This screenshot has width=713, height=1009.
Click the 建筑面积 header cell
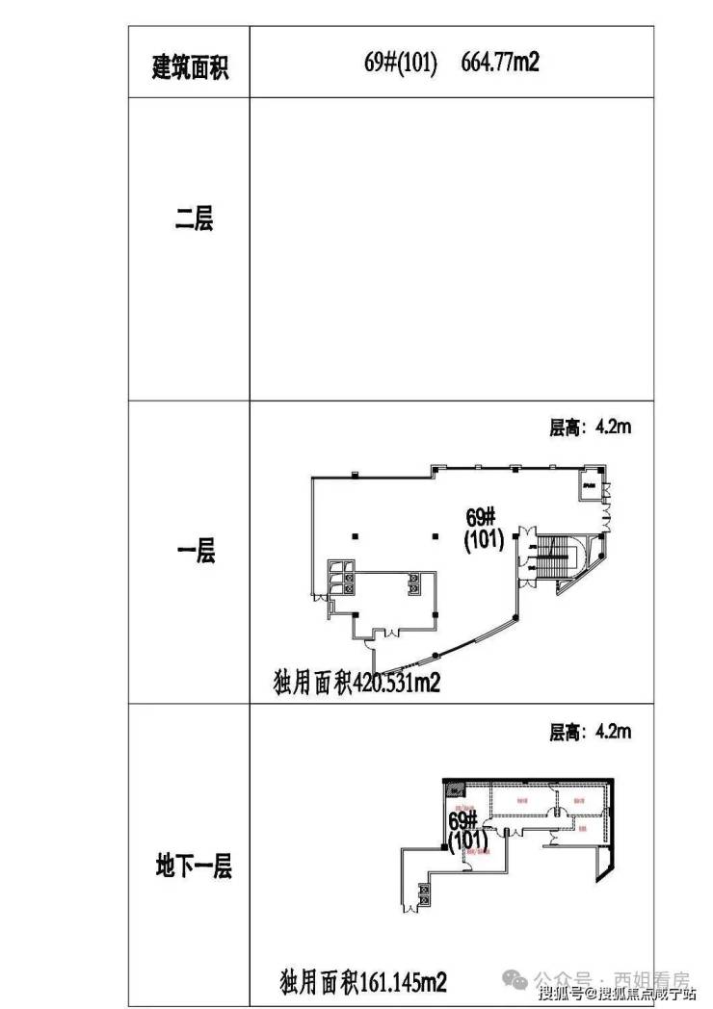coord(190,67)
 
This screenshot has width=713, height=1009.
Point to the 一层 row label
coord(196,552)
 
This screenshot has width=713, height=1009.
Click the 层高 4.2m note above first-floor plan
coord(590,427)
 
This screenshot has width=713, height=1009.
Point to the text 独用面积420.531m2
coord(356,684)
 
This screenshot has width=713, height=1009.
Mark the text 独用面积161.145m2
coord(362,983)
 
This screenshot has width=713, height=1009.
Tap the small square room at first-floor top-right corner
coord(588,484)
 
